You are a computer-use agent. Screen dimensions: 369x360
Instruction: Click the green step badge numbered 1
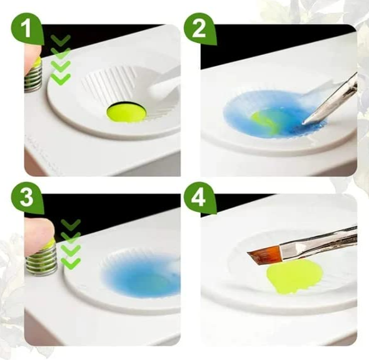tap(27, 29)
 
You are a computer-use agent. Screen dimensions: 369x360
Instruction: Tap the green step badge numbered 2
tap(200, 29)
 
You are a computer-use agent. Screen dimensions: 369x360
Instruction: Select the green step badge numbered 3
tap(27, 198)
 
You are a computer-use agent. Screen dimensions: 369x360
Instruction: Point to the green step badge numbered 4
tap(200, 198)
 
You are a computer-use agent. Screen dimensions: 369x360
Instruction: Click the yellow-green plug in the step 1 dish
tap(126, 111)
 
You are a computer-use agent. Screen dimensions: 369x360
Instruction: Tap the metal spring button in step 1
tap(34, 75)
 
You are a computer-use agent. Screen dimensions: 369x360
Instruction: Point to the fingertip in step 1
tap(33, 56)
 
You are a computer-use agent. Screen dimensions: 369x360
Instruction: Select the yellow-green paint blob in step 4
tap(294, 276)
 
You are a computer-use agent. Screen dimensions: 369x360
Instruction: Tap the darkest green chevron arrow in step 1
tap(61, 40)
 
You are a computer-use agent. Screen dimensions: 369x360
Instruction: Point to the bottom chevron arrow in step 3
tap(71, 264)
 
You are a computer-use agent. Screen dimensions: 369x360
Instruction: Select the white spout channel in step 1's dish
tap(164, 82)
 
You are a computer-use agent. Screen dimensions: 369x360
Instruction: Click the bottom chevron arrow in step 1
tap(61, 79)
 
